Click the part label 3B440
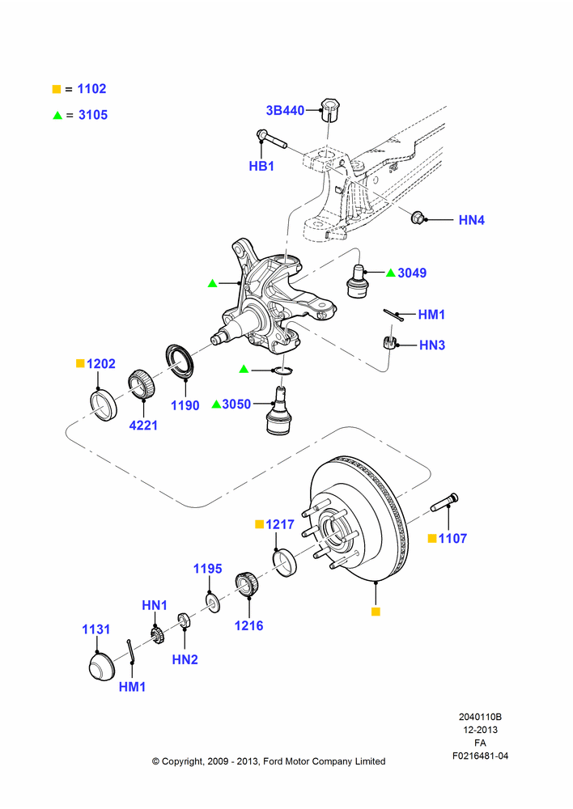(x=285, y=110)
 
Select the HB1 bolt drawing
(x=272, y=139)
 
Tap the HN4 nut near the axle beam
(x=417, y=218)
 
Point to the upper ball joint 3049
(x=356, y=281)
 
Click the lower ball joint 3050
(x=279, y=410)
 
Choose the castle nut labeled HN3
(x=390, y=342)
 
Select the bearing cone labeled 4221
(x=139, y=383)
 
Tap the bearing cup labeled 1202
(x=104, y=406)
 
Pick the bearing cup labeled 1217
(x=284, y=563)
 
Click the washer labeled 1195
(x=213, y=604)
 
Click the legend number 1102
(x=92, y=89)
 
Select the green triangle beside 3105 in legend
(x=57, y=115)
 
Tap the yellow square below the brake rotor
(x=376, y=612)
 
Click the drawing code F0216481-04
(x=480, y=756)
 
